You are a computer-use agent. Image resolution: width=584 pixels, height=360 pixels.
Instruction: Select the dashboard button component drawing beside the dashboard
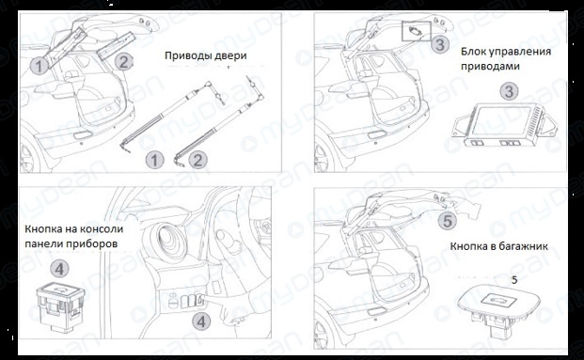coord(60,306)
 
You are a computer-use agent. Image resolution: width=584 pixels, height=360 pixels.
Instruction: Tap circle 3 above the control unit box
coord(509,91)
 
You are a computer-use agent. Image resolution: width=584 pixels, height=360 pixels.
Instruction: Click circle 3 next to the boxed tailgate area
coord(440,45)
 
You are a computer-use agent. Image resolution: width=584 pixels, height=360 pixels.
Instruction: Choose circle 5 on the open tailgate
coord(448,221)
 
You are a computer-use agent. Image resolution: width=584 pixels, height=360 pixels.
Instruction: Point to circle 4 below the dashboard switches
coord(201,321)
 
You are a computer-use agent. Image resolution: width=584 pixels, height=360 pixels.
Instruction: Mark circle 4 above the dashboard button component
coord(59,269)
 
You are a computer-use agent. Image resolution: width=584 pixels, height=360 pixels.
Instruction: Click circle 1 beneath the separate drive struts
coord(154,161)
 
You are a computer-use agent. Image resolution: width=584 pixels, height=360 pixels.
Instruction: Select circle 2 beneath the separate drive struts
coord(198,161)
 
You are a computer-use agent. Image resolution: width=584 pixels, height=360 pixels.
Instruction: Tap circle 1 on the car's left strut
coord(39,67)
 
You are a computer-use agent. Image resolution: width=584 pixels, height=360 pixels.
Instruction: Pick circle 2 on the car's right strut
coord(123,61)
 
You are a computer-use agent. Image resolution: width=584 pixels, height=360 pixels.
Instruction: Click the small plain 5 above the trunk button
coord(514,280)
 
